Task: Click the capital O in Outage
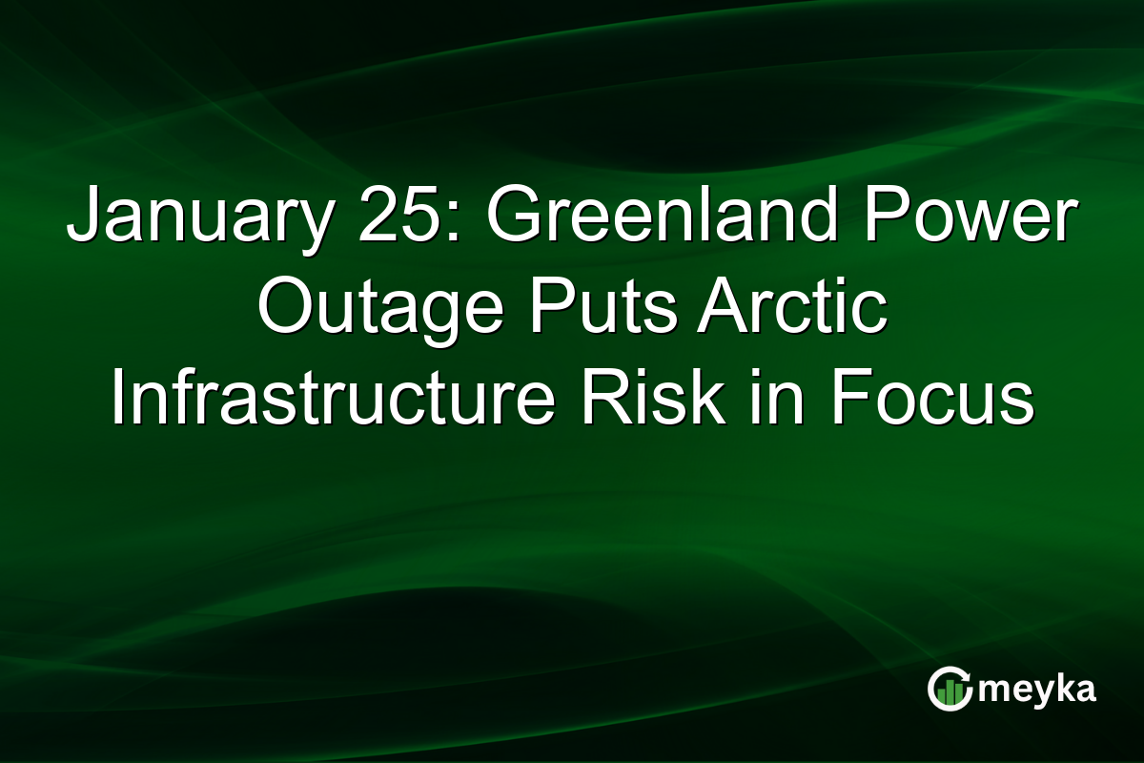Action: (283, 312)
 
